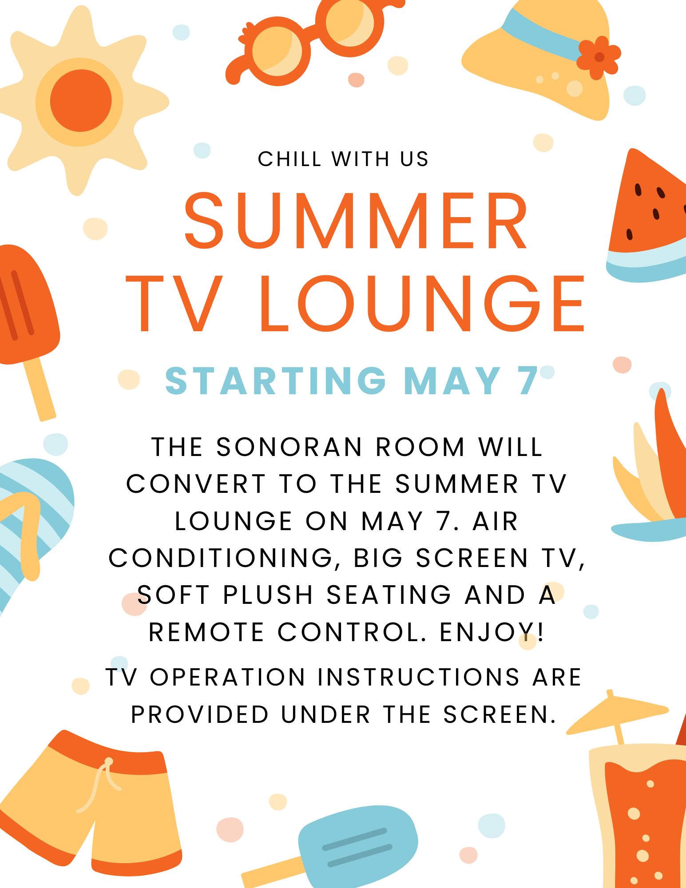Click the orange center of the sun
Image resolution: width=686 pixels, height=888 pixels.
(x=80, y=100)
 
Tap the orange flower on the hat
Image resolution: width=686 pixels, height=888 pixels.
(x=599, y=57)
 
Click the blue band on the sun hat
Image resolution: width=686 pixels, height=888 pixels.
(x=542, y=36)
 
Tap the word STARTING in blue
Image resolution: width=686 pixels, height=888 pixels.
(x=276, y=381)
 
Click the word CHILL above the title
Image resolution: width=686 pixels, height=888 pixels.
(x=289, y=159)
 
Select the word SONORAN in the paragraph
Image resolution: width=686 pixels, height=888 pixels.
(x=289, y=447)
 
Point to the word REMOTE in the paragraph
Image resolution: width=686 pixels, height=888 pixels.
(x=206, y=632)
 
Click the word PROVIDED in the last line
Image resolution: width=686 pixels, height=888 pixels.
(x=200, y=714)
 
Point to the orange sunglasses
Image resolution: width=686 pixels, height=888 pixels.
(x=306, y=42)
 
